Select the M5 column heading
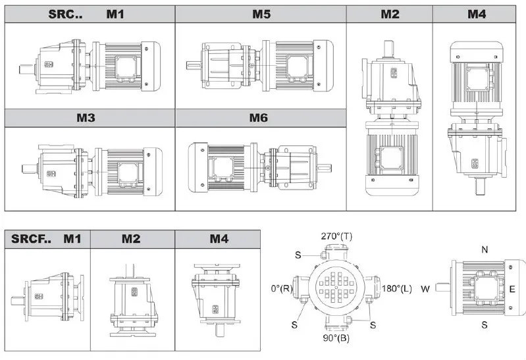click(x=261, y=14)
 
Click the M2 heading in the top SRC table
click(x=389, y=14)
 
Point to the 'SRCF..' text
click(x=32, y=238)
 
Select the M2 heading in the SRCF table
click(x=131, y=238)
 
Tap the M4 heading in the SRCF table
click(x=218, y=238)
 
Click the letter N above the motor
click(x=485, y=249)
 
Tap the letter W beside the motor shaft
click(x=426, y=288)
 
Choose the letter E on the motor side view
click(x=512, y=289)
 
